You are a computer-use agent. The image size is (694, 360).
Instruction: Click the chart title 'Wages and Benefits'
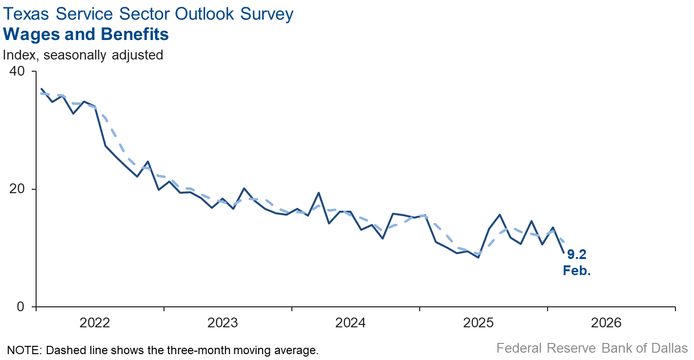click(x=86, y=35)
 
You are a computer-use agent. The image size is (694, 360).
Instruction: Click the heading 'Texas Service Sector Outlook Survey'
click(x=148, y=14)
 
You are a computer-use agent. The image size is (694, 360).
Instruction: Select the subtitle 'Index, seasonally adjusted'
click(x=83, y=55)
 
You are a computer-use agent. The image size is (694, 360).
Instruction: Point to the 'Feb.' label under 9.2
click(x=576, y=271)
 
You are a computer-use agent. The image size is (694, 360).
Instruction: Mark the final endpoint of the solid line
click(x=564, y=253)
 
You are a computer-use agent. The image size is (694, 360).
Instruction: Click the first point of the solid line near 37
click(x=41, y=89)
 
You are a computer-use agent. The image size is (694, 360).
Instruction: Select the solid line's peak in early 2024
click(x=319, y=193)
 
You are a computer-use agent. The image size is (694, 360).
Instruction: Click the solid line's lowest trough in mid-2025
click(x=478, y=257)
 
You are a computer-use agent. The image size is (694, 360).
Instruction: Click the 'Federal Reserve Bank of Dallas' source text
click(x=592, y=348)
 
